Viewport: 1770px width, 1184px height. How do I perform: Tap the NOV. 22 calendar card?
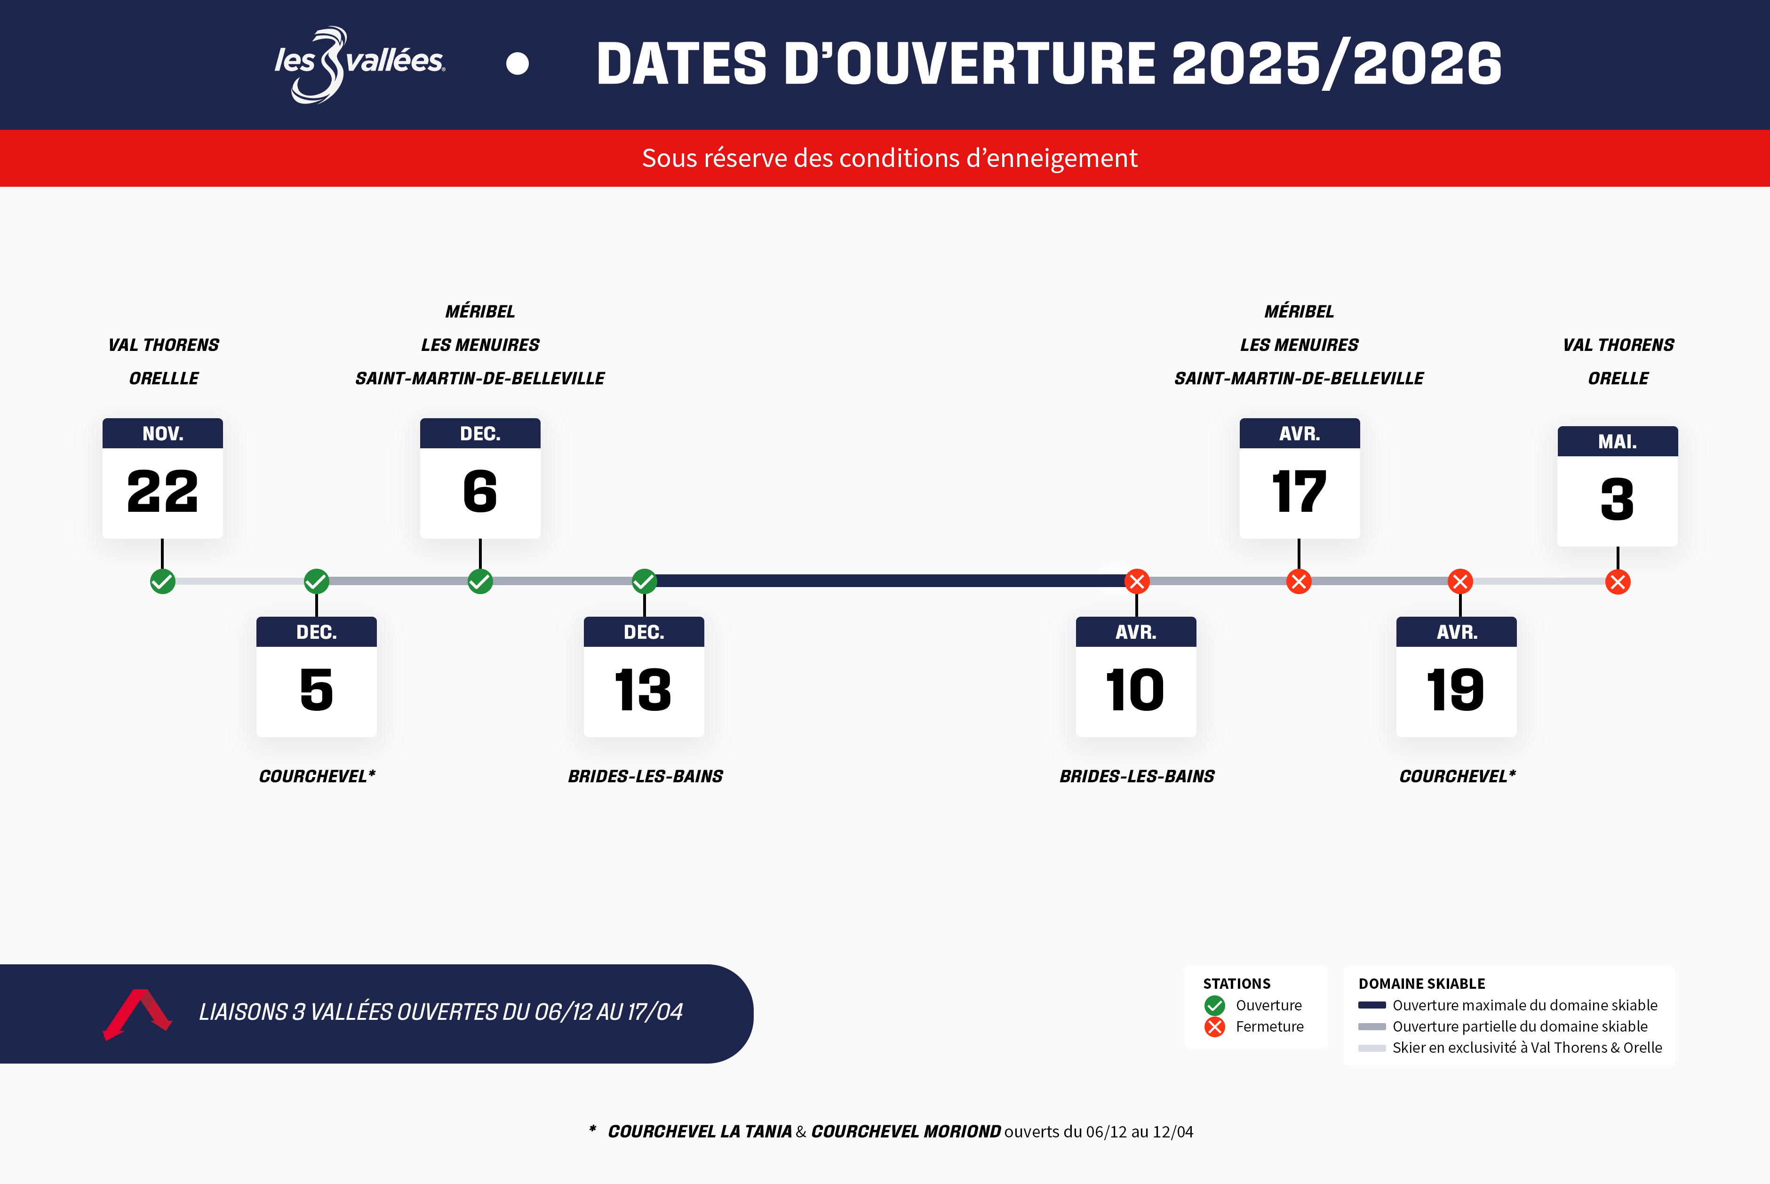(162, 478)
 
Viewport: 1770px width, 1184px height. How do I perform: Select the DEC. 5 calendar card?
(316, 676)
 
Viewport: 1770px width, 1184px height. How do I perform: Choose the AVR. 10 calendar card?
(1136, 676)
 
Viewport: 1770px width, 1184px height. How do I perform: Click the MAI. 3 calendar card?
(1618, 486)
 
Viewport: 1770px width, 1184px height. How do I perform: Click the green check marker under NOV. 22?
(162, 581)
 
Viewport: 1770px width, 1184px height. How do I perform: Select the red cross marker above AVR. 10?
(1136, 581)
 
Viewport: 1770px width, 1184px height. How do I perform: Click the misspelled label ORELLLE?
(164, 378)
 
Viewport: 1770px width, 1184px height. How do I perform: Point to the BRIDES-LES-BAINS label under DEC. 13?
(646, 776)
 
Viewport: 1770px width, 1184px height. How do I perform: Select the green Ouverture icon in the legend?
(1215, 1006)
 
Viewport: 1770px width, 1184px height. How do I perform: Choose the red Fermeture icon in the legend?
(1215, 1027)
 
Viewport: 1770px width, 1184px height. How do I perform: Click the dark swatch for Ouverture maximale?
(1371, 1006)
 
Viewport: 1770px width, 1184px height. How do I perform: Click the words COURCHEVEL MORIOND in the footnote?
(906, 1132)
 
